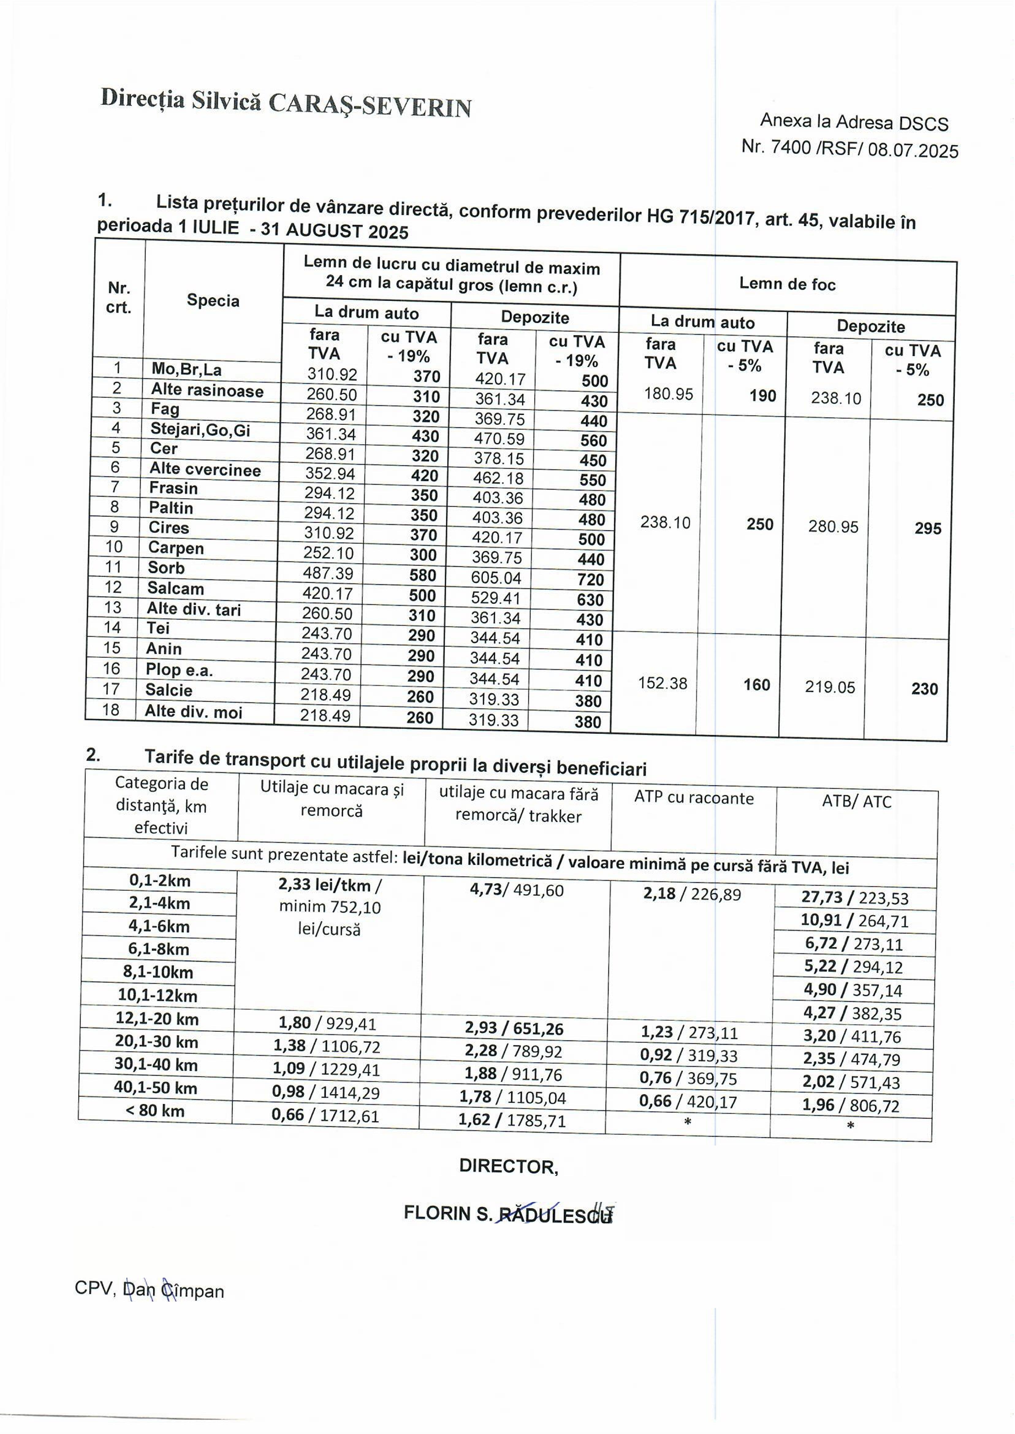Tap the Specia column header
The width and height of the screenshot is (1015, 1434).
click(x=212, y=301)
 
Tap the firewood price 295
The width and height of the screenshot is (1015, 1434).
click(x=927, y=529)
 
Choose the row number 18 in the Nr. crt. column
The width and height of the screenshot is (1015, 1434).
click(x=111, y=710)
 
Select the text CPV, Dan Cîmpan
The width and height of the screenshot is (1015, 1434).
click(x=149, y=1291)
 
